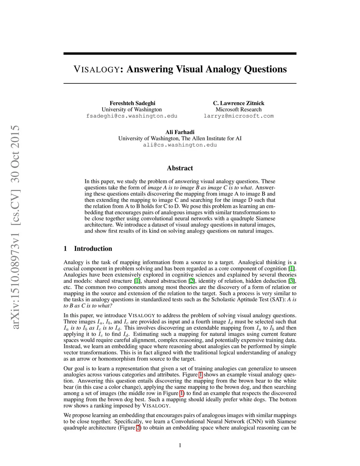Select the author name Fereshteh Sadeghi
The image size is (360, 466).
(132, 103)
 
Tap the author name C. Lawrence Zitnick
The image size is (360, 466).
(238, 103)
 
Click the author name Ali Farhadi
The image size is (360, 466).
(180, 132)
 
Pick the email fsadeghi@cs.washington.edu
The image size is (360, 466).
(132, 116)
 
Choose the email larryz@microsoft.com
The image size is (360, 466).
(238, 116)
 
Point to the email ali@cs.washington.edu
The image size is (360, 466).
(180, 145)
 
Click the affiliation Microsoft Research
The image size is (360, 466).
(238, 109)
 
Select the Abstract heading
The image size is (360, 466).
(180, 168)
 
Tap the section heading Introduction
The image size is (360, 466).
(93, 249)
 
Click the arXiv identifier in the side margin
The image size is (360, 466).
(15, 227)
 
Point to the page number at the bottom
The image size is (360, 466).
(180, 445)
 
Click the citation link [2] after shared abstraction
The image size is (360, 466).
(192, 281)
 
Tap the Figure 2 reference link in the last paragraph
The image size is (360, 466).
(138, 428)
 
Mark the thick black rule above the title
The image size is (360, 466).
(180, 53)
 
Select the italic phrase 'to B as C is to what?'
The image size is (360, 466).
(88, 306)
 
